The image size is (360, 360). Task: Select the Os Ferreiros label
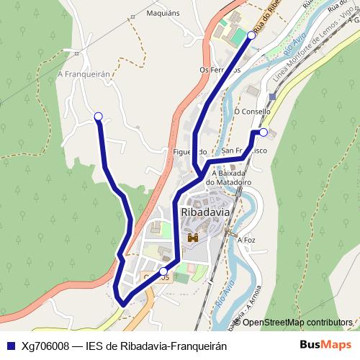[220, 70]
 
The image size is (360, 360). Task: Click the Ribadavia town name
[206, 213]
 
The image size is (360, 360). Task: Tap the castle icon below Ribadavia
[192, 237]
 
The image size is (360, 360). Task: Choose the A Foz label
[247, 240]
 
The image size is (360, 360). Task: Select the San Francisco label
[245, 151]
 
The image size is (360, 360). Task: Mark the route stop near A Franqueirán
[98, 116]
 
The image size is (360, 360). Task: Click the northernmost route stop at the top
[251, 35]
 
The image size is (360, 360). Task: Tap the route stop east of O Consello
[264, 132]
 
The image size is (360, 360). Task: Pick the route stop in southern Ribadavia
[163, 271]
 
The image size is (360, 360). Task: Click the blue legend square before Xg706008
[10, 345]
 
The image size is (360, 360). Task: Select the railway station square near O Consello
[271, 96]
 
